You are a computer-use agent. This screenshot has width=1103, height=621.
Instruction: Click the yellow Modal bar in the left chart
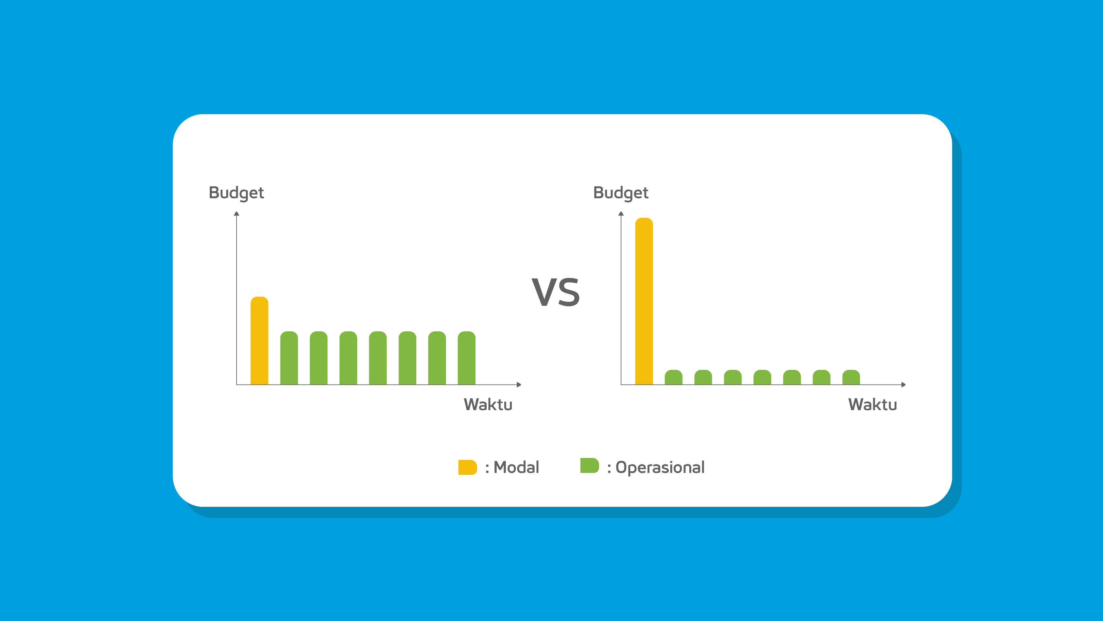[x=259, y=341]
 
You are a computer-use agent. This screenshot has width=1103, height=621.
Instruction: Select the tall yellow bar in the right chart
[x=644, y=301]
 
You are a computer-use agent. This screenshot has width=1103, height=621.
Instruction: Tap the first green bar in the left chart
[x=289, y=358]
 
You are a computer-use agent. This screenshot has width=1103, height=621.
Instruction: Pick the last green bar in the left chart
[x=467, y=358]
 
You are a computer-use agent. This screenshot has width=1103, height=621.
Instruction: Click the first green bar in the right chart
[x=673, y=377]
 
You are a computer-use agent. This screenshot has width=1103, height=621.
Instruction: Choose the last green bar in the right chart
[x=851, y=377]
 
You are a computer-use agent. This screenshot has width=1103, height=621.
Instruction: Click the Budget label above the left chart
[x=236, y=193]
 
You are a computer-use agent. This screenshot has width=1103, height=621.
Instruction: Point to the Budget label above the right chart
[x=621, y=193]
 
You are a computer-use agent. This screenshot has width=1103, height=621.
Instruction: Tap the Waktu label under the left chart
[x=488, y=405]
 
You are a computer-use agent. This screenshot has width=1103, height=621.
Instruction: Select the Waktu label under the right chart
[x=873, y=405]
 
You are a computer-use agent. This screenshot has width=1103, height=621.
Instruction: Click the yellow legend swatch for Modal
[x=468, y=467]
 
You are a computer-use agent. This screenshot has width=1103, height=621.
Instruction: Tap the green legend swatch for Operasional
[x=590, y=465]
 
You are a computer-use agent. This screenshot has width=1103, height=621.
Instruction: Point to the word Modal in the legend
[x=516, y=467]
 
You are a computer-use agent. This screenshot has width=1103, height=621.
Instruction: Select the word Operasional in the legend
[x=660, y=468]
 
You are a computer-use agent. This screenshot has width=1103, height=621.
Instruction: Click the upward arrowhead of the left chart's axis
[x=236, y=214]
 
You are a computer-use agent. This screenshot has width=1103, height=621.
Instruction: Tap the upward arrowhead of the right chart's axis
[x=621, y=214]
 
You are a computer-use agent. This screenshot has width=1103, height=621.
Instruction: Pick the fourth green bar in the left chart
[x=378, y=358]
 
